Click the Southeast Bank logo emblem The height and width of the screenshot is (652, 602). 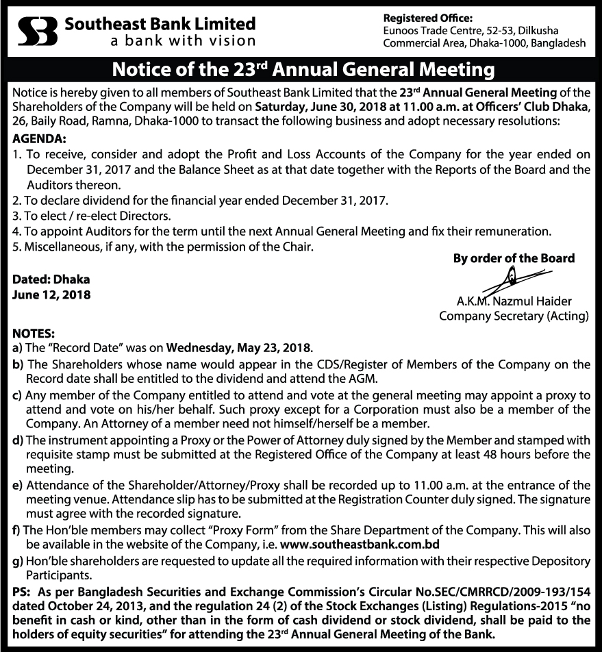(x=37, y=32)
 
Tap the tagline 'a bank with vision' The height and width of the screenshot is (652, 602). (x=183, y=40)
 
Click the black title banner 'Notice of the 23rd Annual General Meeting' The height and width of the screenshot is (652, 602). (x=301, y=70)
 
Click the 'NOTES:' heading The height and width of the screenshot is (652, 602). (x=33, y=334)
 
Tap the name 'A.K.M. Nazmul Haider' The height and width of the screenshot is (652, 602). (x=514, y=301)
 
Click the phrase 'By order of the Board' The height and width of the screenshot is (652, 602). (x=514, y=258)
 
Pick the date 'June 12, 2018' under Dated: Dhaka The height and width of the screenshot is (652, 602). (x=51, y=295)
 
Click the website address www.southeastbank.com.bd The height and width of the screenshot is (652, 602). (x=360, y=544)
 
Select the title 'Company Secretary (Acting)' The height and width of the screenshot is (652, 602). (x=514, y=316)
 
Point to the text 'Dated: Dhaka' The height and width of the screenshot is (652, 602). (x=51, y=280)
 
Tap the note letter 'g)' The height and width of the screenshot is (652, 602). (x=17, y=560)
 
